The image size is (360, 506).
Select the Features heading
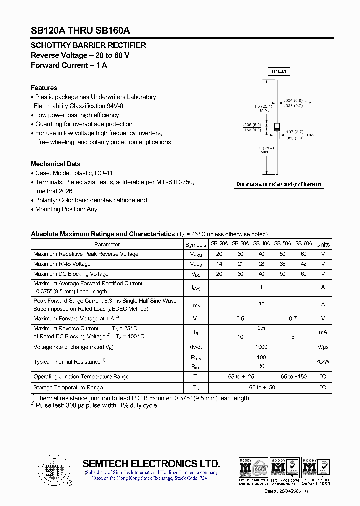point(44,88)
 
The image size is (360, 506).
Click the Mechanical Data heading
point(55,164)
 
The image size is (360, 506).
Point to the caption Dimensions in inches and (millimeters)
point(279,184)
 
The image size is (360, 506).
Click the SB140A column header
point(261,244)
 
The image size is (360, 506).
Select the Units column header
point(323,244)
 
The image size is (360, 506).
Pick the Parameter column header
point(107,244)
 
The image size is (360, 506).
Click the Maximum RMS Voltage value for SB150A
point(282,264)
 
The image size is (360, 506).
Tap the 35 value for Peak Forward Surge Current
point(261,304)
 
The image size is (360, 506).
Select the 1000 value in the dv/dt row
point(261,347)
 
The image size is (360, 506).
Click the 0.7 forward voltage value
point(293,318)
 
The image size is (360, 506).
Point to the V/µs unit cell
point(323,347)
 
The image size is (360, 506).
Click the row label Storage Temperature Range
point(68,387)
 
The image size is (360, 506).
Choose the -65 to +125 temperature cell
point(240,376)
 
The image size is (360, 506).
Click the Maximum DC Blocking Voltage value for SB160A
point(303,274)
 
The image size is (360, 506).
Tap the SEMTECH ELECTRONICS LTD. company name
point(151,463)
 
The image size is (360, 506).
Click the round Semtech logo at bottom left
point(52,469)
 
